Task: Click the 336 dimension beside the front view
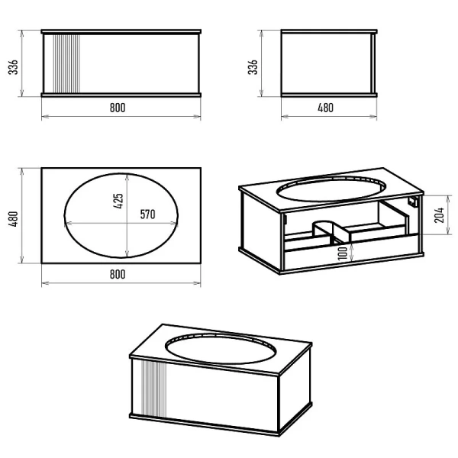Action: (x=14, y=67)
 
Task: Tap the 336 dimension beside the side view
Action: (x=253, y=67)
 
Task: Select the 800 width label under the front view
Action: (x=118, y=108)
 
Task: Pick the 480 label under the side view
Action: (x=325, y=108)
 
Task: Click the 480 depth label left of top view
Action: (x=14, y=219)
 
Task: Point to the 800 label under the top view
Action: (x=118, y=274)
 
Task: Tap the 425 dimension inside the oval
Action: (x=118, y=201)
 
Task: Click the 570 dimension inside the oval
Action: (x=147, y=214)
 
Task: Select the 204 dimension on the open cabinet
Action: (x=440, y=215)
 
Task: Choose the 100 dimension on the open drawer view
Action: (x=343, y=253)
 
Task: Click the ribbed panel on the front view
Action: (x=66, y=63)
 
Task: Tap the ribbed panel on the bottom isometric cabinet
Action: (x=154, y=389)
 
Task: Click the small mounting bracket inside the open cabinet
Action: (x=413, y=202)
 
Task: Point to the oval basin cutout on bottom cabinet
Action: (x=221, y=349)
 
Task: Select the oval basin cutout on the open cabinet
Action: (x=331, y=189)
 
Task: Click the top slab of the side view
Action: (x=329, y=31)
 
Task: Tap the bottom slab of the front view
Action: (x=121, y=95)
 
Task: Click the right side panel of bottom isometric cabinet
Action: (x=295, y=390)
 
